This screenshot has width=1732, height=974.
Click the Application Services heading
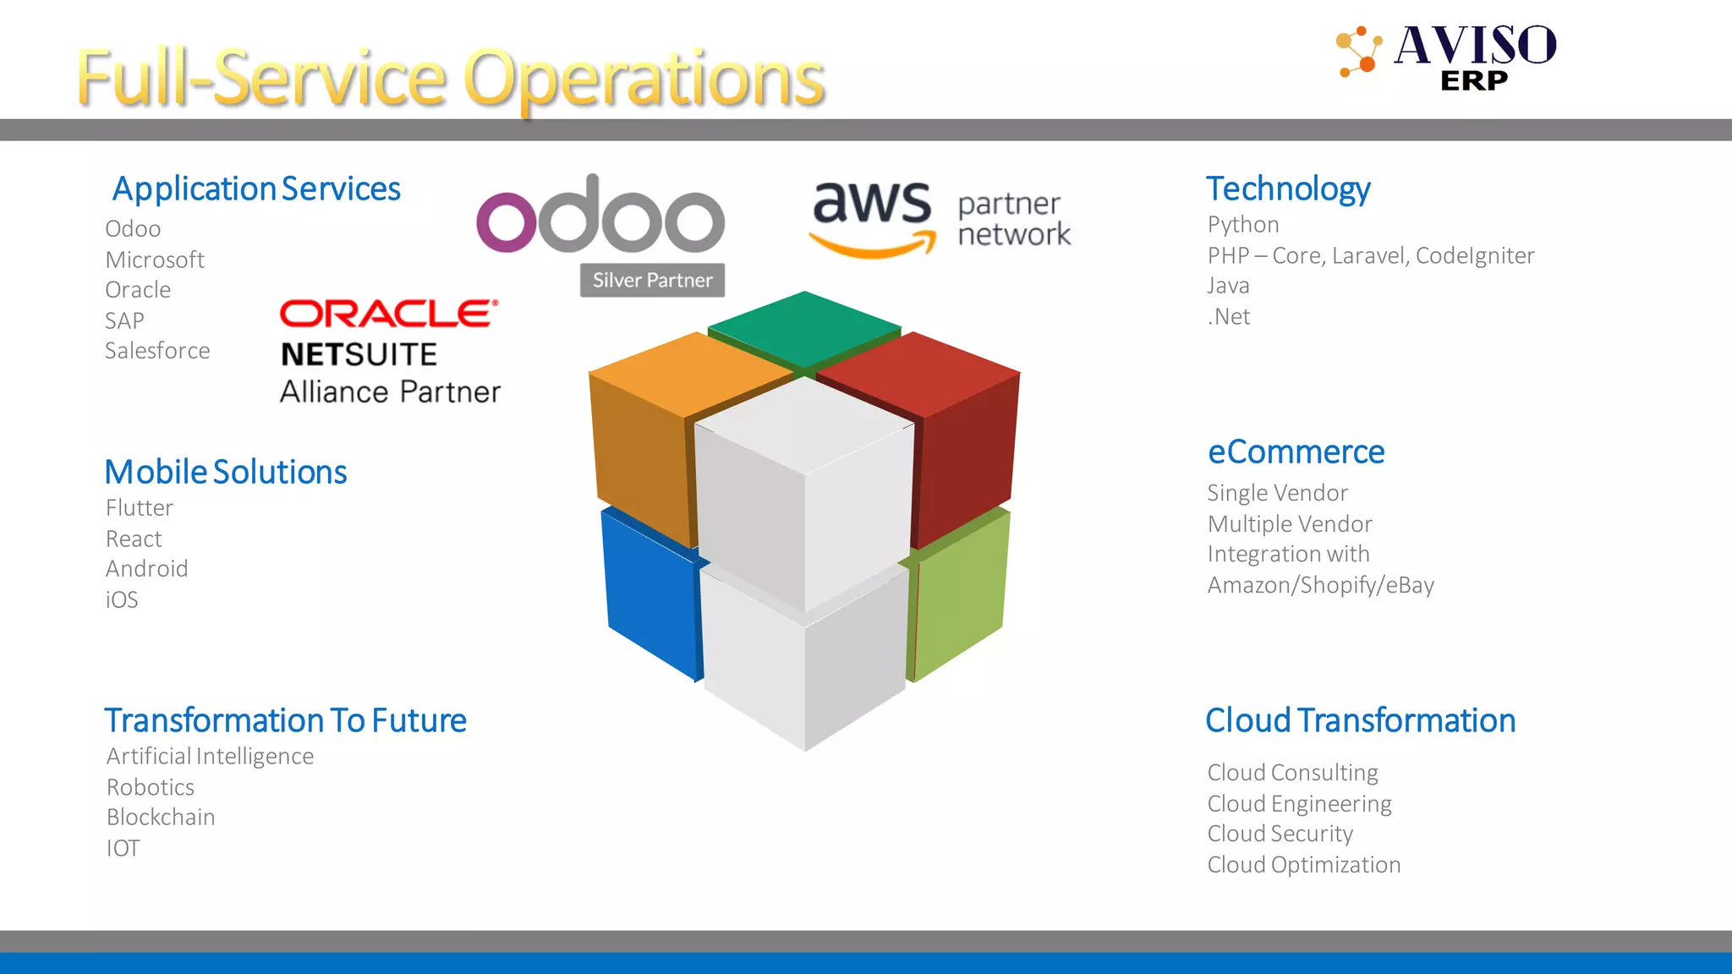pyautogui.click(x=256, y=189)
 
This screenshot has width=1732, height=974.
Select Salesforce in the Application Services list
pyautogui.click(x=157, y=351)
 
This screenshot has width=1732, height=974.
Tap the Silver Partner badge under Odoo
pyautogui.click(x=652, y=280)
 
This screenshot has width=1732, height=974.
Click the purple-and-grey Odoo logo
pyautogui.click(x=600, y=216)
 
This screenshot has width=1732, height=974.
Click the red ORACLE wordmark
pyautogui.click(x=388, y=314)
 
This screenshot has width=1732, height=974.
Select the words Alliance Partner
pyautogui.click(x=390, y=392)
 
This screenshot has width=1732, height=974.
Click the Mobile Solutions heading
pyautogui.click(x=225, y=472)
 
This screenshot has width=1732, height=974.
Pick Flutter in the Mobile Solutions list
pyautogui.click(x=140, y=508)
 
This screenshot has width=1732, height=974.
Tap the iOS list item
pyautogui.click(x=122, y=599)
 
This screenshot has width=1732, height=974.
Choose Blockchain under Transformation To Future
pyautogui.click(x=161, y=818)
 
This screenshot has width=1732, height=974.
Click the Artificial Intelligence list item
pyautogui.click(x=210, y=756)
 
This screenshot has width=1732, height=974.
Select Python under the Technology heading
pyautogui.click(x=1243, y=225)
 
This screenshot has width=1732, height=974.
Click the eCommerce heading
pyautogui.click(x=1296, y=452)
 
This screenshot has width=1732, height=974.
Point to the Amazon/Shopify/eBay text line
pyautogui.click(x=1320, y=585)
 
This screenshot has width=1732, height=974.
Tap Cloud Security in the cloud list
pyautogui.click(x=1280, y=834)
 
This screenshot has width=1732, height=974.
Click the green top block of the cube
pyautogui.click(x=803, y=328)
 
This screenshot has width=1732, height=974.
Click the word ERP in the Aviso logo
pyautogui.click(x=1473, y=81)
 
